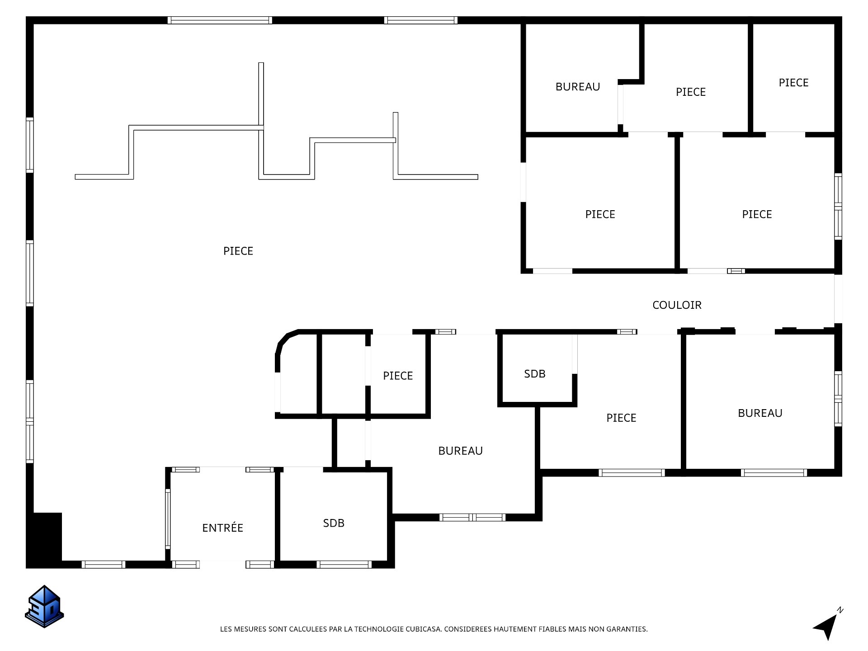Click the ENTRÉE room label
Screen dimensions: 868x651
tap(222, 528)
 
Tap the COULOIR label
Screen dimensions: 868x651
tap(677, 305)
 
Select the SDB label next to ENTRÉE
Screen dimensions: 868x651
tap(334, 523)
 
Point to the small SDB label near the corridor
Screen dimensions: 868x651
tap(535, 374)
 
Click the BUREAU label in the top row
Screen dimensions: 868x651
tap(578, 87)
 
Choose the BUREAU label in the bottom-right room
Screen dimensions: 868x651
tap(760, 413)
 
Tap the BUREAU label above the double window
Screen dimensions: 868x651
tap(460, 451)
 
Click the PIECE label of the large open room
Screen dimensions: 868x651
tap(238, 251)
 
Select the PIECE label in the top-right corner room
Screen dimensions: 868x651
tap(793, 83)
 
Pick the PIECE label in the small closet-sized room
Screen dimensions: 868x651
tap(398, 376)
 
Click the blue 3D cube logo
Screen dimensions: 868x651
tap(44, 606)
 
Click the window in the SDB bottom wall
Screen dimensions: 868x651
tap(344, 564)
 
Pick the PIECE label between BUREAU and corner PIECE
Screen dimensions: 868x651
tap(690, 92)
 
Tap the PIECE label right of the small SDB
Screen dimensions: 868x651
tap(621, 418)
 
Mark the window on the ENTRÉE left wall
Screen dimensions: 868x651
tap(168, 519)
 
